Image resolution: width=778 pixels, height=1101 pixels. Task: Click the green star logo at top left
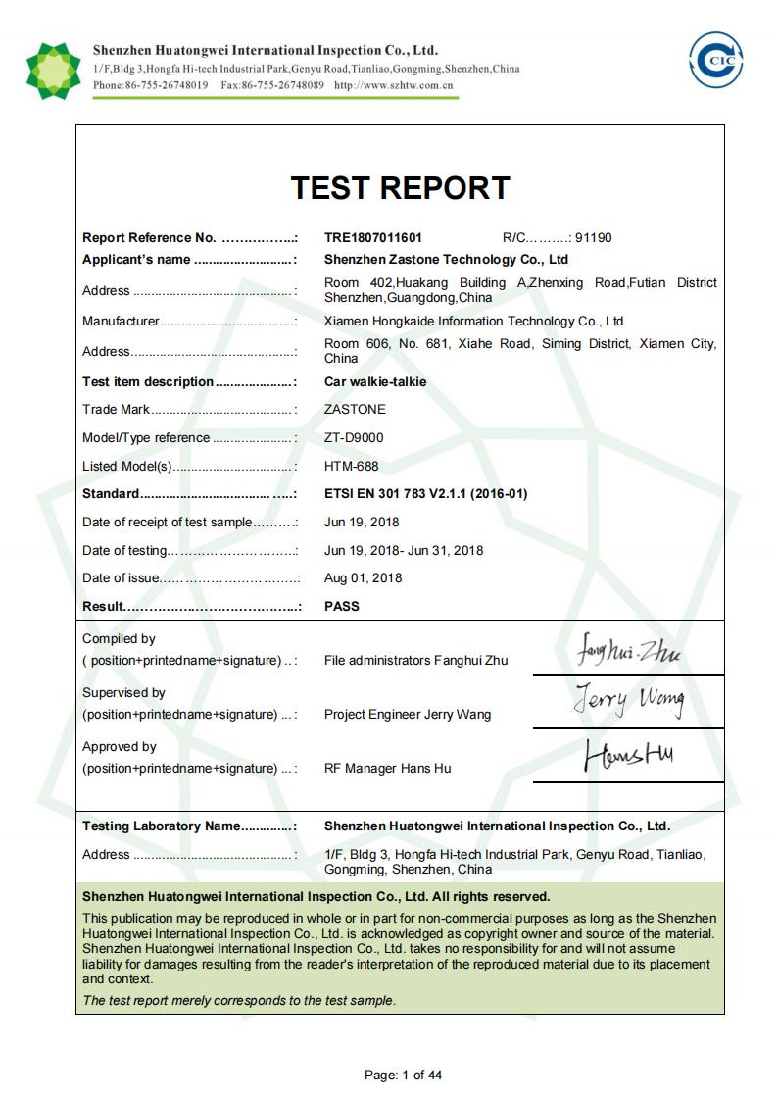point(53,70)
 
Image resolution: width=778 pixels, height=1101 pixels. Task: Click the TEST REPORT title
point(400,188)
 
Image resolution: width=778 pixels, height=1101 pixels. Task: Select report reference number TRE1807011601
point(373,238)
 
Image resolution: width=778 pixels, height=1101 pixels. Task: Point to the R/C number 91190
point(594,238)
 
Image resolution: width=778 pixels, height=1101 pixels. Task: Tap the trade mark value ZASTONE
point(355,410)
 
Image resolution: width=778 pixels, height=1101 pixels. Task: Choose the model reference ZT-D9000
point(354,438)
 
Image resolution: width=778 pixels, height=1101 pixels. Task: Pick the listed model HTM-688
point(351,467)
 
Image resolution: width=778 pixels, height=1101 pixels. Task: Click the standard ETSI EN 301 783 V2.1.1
point(425,494)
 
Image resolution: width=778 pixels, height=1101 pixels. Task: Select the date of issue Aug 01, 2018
point(363,578)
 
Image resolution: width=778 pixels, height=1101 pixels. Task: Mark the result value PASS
point(342,607)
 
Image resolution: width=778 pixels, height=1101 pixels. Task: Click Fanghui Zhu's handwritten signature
point(629,650)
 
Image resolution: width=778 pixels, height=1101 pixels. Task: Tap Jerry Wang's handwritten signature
point(629,701)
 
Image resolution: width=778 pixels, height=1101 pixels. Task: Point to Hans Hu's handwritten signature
point(628,756)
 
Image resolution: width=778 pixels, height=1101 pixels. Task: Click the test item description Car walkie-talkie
point(375,382)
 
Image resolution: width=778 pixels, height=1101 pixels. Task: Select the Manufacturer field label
point(121,322)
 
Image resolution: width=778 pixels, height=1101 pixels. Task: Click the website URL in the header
point(393,85)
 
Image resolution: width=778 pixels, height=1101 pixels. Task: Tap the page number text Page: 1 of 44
point(403,1076)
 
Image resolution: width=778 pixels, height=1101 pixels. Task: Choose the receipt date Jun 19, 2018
point(362,523)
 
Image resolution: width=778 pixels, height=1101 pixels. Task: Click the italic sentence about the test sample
point(239,1001)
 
